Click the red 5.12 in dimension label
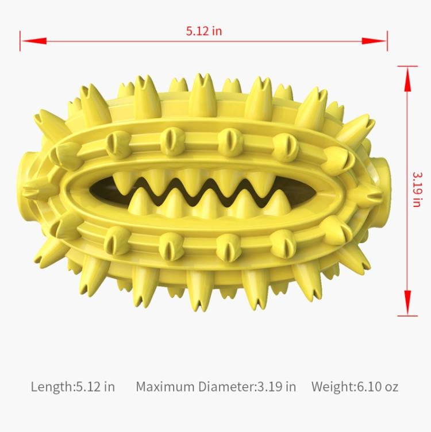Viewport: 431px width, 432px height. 203,31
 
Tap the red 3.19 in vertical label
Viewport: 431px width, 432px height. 417,190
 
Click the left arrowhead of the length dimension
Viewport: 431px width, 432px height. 34,41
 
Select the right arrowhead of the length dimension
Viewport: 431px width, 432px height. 374,41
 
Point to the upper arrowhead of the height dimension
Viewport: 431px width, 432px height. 408,79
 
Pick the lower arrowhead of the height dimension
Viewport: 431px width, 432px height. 408,303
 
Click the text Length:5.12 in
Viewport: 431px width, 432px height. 73,387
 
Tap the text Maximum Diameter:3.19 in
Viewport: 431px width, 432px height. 215,387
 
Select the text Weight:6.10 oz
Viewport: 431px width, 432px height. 355,387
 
